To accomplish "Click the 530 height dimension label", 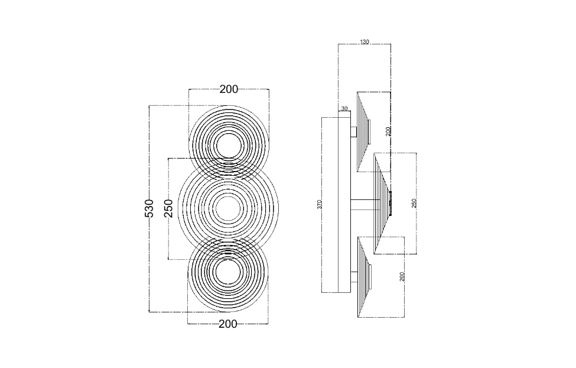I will point(149,208).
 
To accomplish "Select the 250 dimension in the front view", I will point(168,208).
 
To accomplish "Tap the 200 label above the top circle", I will point(229,89).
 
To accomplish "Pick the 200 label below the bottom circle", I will point(228,324).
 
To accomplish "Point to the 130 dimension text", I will point(365,42).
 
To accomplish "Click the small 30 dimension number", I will point(344,109).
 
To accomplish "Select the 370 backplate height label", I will point(320,204).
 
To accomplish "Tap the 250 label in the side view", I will point(414,204).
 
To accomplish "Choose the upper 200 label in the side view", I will point(389,131).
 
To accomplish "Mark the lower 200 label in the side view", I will point(402,276).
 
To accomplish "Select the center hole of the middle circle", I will point(227,209).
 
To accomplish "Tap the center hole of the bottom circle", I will point(227,273).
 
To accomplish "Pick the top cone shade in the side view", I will point(363,131).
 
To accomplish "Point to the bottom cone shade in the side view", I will point(363,276).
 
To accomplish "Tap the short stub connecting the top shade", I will point(354,132).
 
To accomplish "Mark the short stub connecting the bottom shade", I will point(354,276).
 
